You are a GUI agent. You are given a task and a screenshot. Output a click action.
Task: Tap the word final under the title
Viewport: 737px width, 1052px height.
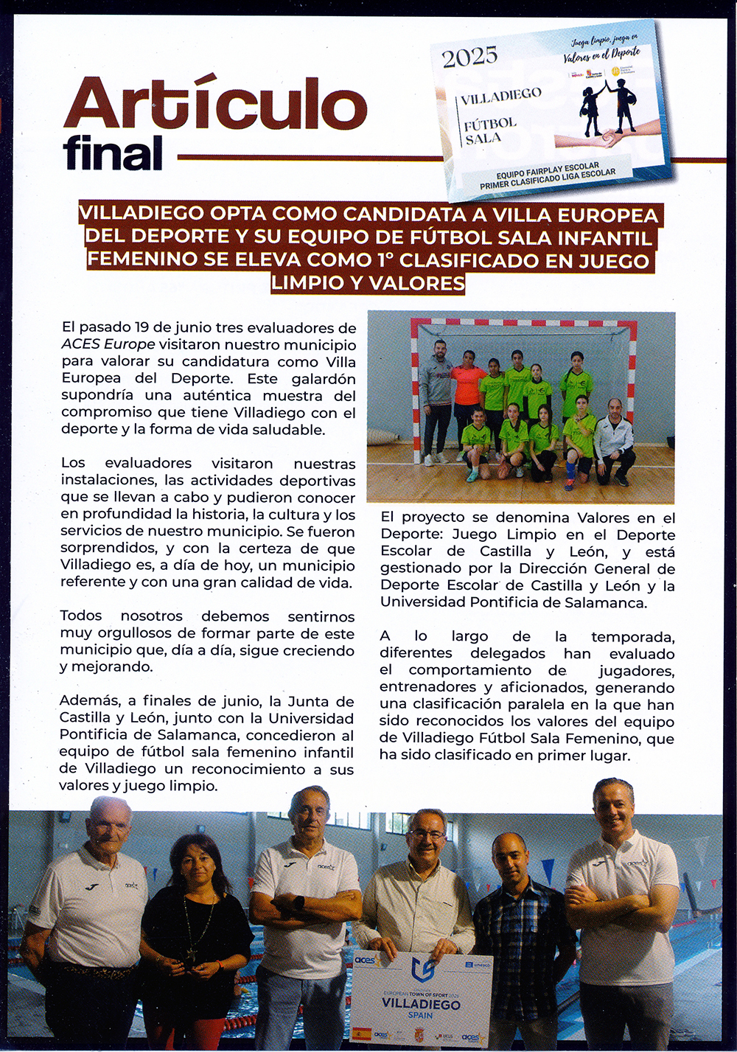(113, 153)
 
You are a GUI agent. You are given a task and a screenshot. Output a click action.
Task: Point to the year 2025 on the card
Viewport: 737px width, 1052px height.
(470, 57)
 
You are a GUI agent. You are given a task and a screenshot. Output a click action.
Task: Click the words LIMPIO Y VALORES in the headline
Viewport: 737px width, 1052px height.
(368, 283)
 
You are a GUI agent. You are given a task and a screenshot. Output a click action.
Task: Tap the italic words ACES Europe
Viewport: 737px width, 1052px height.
(108, 344)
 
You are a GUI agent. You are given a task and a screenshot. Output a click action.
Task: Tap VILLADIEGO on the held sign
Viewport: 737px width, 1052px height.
(421, 1003)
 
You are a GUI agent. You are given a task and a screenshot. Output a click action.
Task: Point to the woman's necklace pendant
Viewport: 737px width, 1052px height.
(190, 956)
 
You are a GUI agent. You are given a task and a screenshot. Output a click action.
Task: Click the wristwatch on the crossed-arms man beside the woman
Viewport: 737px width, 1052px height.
(299, 902)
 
